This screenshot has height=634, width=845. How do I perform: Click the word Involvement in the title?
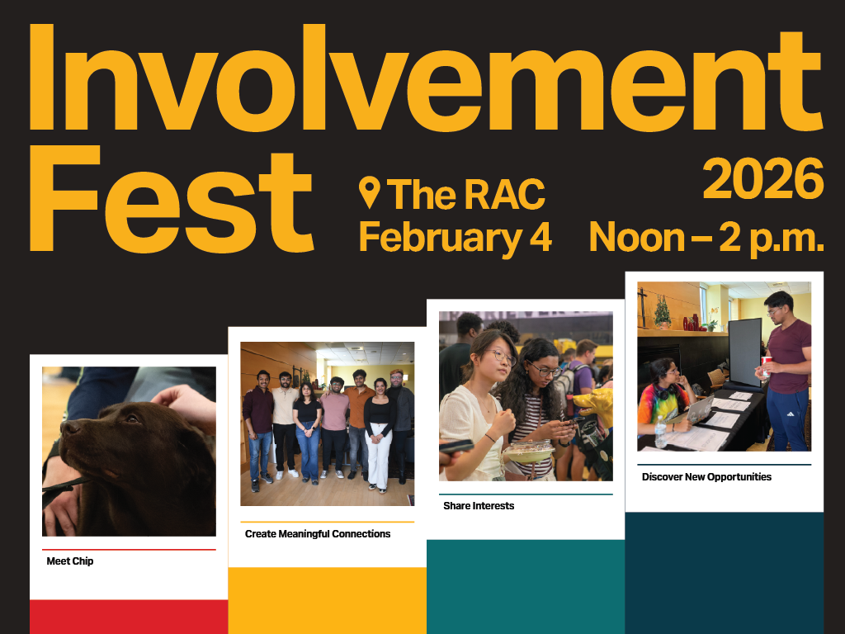425,79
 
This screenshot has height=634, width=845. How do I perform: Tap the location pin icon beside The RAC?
370,192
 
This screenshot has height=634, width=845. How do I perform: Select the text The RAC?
466,194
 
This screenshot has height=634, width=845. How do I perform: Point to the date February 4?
455,237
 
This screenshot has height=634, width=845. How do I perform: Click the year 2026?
763,179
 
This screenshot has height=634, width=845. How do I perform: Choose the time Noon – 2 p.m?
706,238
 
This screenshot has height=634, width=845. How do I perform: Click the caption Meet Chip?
70,561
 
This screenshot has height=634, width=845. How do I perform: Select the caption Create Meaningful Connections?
318,534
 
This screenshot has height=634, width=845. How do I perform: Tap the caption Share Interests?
479,506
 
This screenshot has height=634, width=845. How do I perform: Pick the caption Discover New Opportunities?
706,477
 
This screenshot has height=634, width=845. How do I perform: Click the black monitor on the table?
744,350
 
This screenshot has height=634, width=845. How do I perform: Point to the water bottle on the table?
660,432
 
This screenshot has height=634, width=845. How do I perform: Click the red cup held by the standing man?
764,364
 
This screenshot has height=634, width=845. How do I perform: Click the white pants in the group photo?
380,458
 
